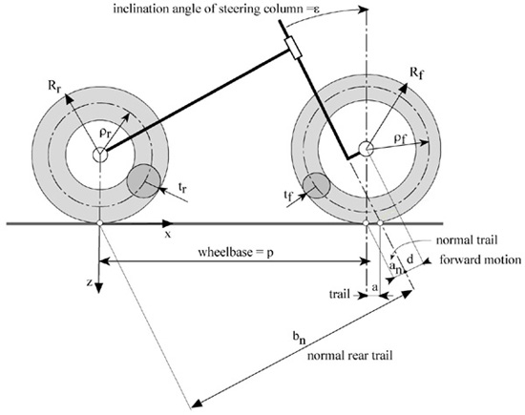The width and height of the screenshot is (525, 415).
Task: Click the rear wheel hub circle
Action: (x=100, y=155)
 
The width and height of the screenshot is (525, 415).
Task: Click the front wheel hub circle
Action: (x=366, y=148)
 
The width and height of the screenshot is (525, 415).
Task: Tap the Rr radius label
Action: (x=53, y=86)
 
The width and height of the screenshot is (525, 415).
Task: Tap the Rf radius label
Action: (x=416, y=73)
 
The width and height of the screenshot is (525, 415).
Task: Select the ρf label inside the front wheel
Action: (x=400, y=139)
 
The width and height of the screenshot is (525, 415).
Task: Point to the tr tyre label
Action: (x=182, y=188)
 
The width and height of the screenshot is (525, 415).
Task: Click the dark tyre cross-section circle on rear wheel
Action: (x=143, y=180)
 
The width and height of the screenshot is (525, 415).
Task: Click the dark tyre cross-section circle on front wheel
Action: (x=316, y=186)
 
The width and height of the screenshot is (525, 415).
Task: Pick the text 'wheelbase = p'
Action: (x=236, y=252)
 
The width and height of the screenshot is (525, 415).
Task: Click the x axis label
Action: (x=168, y=235)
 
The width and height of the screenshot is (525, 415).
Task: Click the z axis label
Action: (x=89, y=282)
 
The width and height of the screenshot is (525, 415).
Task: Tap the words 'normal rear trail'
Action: (x=349, y=355)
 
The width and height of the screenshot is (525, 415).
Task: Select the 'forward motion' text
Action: (x=480, y=259)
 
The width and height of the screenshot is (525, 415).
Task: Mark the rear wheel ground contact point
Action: (x=99, y=223)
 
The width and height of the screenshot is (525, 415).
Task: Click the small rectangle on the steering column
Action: (x=293, y=49)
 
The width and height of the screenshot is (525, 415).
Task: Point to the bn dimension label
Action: (x=300, y=339)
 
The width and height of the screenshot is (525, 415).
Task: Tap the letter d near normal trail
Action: (x=409, y=259)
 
